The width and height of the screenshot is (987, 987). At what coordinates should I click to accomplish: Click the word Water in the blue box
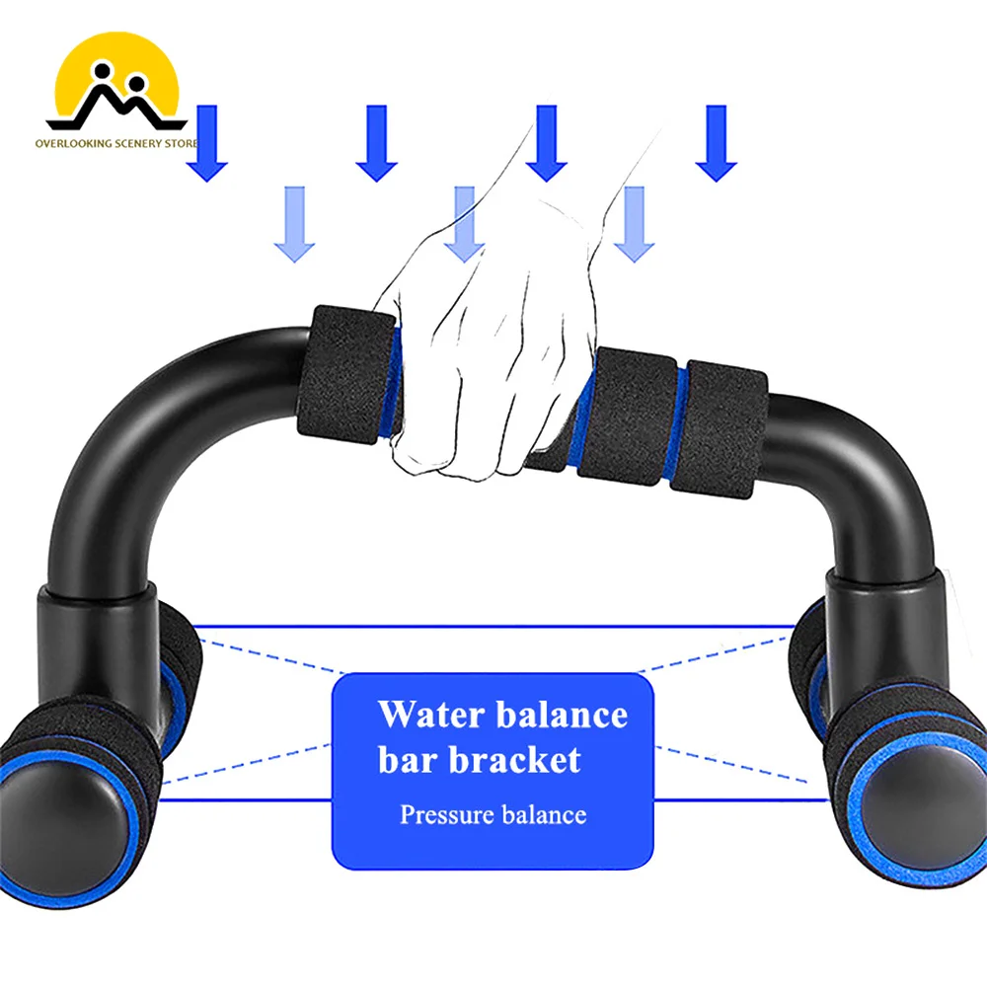[x=431, y=715]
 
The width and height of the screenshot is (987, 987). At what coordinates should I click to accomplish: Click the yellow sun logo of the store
[x=117, y=81]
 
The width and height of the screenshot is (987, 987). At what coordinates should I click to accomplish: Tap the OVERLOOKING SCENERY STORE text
[x=116, y=143]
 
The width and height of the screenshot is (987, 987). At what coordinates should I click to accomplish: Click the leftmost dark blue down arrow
[x=207, y=143]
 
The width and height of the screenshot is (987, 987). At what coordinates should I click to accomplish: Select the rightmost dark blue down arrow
[x=717, y=143]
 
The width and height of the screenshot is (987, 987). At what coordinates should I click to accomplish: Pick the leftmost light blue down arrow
[x=294, y=223]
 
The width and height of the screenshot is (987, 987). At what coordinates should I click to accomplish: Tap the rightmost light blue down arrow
[x=635, y=223]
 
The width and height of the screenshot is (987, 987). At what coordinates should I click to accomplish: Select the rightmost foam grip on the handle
[x=719, y=429]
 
